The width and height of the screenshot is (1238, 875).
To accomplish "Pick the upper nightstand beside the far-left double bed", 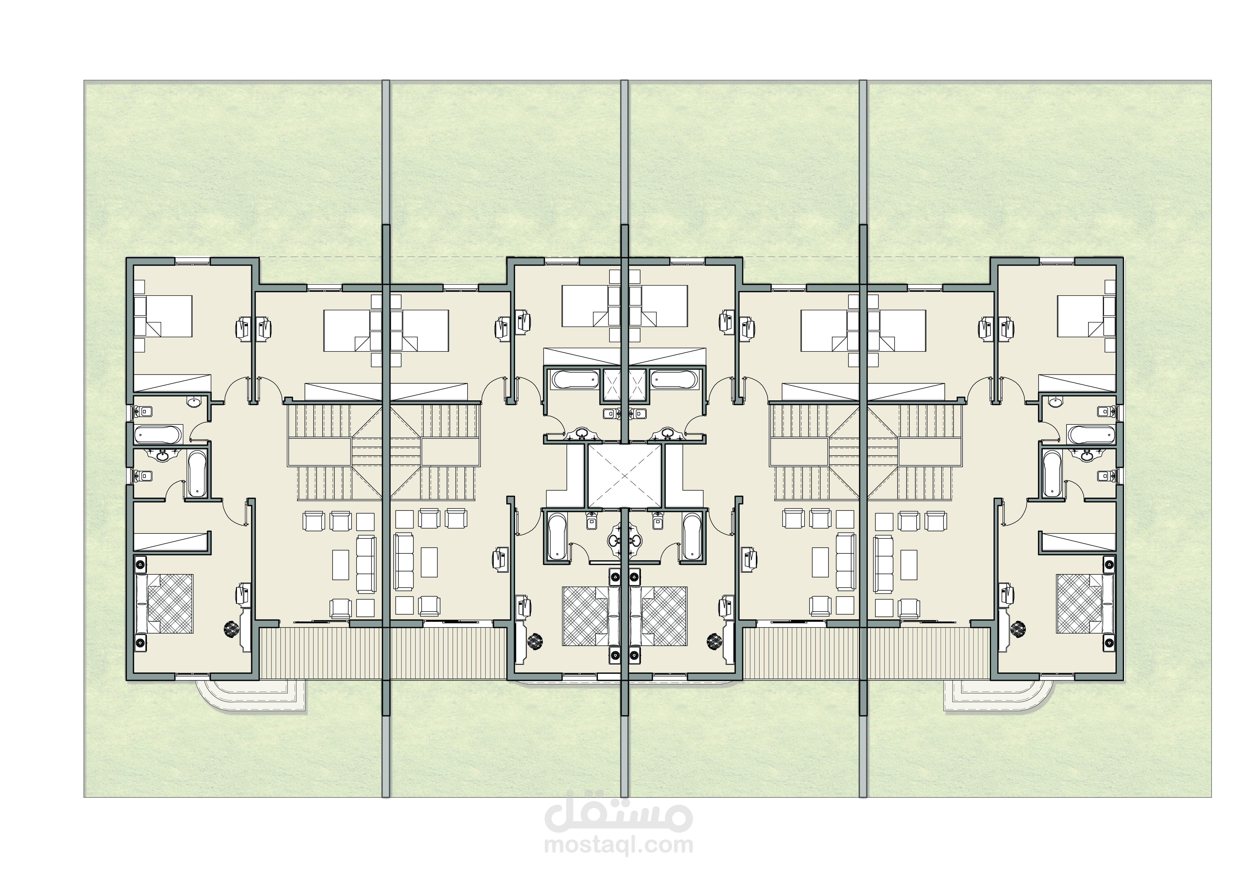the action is pos(140,565).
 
